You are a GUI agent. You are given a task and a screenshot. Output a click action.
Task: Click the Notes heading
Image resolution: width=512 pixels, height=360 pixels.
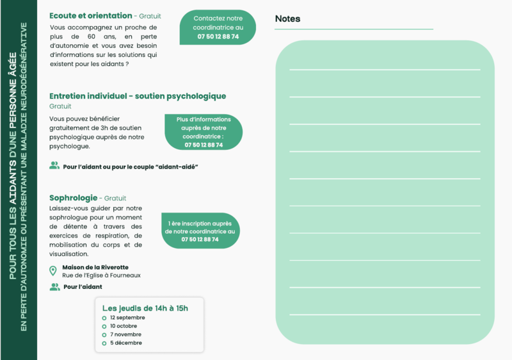pos(287,19)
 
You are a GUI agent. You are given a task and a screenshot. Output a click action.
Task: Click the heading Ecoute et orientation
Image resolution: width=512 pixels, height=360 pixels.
pos(90,15)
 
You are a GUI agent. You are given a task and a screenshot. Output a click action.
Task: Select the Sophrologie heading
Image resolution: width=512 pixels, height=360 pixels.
pos(73,198)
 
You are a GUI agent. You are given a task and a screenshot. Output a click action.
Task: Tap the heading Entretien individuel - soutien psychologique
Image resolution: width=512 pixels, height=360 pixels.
pos(138,96)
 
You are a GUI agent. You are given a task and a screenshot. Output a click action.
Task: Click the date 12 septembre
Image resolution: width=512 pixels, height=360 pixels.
pos(127,318)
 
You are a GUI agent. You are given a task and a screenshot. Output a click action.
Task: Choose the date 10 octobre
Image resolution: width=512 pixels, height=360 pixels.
pos(124,326)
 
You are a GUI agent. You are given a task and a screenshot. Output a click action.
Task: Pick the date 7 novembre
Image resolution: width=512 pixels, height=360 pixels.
pos(125,334)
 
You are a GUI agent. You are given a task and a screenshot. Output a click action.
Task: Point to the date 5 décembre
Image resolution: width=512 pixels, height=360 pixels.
pos(125,343)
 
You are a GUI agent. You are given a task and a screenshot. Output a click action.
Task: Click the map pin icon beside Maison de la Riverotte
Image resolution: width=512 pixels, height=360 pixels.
pos(53,271)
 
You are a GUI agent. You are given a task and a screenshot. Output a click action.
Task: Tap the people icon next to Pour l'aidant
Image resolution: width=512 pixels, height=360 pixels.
pos(54,287)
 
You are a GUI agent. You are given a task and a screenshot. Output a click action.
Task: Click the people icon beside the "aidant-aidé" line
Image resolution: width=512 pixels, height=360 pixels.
pos(54,165)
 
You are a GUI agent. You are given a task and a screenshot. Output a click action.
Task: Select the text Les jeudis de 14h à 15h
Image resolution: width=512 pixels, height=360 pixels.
pos(145,308)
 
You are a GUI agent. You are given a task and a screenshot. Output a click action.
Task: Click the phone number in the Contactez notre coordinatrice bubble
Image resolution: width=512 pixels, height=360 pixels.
pos(218,37)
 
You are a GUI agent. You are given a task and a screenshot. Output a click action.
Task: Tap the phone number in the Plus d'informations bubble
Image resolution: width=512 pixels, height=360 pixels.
pos(204,145)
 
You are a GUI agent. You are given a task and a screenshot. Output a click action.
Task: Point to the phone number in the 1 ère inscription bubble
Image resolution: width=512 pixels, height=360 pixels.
pos(200,239)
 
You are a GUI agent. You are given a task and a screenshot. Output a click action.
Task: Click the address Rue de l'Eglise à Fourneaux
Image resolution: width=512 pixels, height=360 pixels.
pos(101,275)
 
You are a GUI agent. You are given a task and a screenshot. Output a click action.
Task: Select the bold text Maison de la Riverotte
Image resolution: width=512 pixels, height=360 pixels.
pos(95,267)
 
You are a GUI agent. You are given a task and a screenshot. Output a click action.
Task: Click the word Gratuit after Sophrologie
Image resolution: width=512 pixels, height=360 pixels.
pos(115,199)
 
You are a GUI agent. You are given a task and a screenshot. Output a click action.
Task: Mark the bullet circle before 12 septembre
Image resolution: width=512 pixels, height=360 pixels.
pos(104,318)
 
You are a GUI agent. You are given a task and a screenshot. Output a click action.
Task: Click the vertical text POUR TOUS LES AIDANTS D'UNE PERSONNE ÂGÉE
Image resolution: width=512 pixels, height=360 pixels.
pos(13,180)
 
